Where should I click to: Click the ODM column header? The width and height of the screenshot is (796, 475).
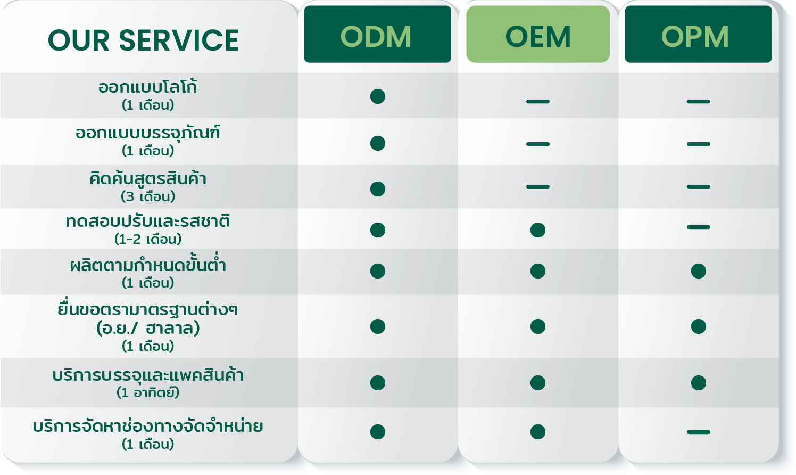coord(377,34)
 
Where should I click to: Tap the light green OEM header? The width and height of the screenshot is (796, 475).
coord(538,34)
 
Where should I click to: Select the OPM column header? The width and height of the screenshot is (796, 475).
coord(698,34)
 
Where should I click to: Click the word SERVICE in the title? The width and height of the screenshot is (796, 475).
coord(179,40)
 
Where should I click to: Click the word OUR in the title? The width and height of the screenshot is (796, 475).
coord(79,40)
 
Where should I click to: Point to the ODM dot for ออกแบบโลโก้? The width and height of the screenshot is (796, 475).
coord(378,96)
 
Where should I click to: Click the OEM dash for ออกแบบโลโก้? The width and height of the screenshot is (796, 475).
coord(538,102)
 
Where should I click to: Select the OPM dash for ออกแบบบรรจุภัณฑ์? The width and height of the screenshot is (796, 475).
coord(699,144)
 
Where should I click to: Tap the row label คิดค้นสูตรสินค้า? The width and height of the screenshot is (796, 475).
coord(148,178)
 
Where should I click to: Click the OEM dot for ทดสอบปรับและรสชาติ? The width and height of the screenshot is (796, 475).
coord(538,230)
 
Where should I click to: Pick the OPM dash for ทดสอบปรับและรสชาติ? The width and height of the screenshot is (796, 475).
coord(699,227)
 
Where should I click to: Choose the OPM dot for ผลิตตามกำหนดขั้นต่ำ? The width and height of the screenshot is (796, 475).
coord(699,271)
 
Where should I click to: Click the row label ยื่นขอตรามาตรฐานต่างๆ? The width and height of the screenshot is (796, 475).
coord(148,309)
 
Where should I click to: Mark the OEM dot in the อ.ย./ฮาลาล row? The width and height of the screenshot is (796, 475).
coord(538,326)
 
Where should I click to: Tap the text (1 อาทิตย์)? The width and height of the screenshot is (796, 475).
coord(148,392)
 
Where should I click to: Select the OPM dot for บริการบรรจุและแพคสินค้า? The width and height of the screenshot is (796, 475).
coord(699,383)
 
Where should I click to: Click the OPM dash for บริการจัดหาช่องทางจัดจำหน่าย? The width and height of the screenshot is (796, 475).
coord(699,432)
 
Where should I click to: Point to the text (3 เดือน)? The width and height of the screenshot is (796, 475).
coord(148,196)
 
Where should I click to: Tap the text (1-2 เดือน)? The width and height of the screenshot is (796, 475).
coord(148,239)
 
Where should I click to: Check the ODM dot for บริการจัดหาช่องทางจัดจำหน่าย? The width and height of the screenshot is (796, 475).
coord(378,432)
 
